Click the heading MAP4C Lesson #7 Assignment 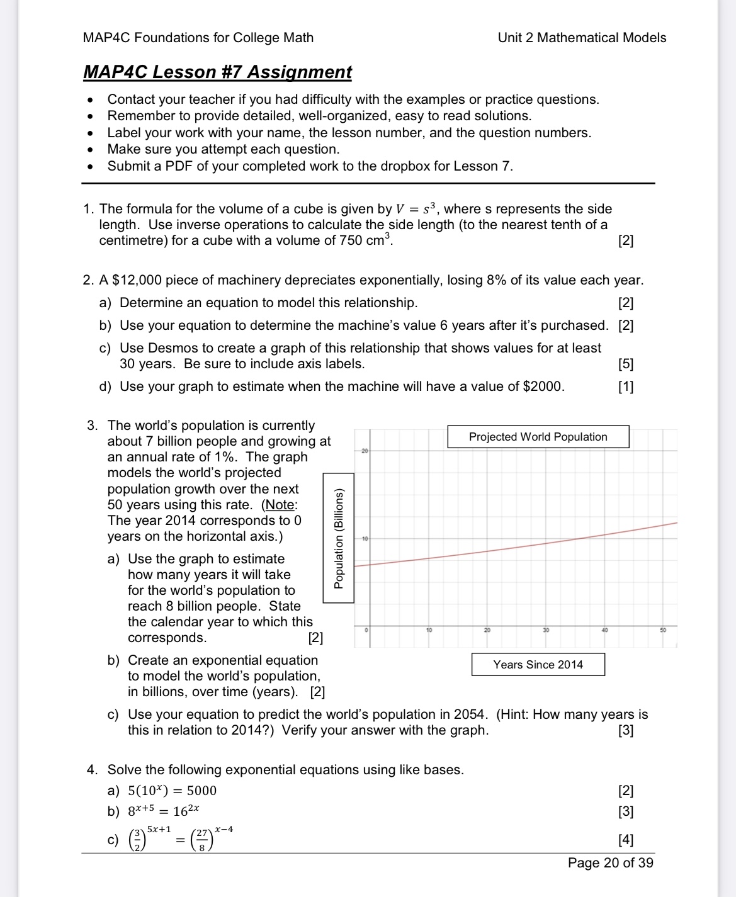point(217,72)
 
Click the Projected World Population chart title point(538,437)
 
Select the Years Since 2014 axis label point(538,665)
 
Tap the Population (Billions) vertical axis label point(339,539)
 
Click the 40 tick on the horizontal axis point(605,630)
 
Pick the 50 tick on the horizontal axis point(663,630)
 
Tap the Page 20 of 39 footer point(610,863)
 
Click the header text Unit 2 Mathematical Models point(581,38)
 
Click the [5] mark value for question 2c point(626,364)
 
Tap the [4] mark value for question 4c point(626,840)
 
